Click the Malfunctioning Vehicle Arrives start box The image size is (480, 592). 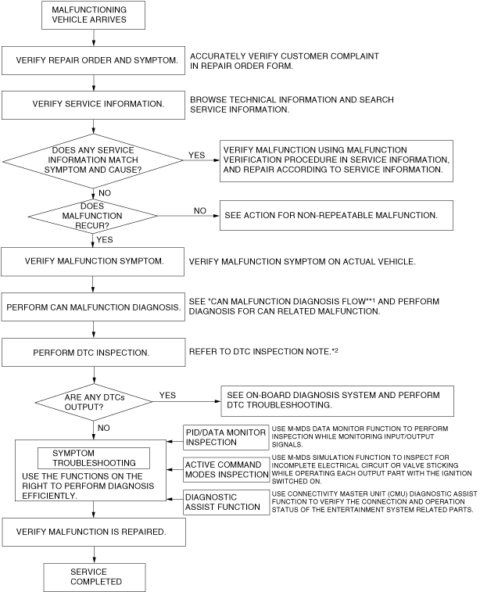93,15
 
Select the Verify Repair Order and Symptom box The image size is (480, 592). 93,59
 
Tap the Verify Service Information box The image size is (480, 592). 93,103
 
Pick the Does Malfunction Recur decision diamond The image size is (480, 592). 93,213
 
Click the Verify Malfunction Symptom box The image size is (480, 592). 93,261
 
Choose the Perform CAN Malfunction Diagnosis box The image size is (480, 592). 93,307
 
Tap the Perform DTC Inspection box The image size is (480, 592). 93,352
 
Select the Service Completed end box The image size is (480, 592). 93,577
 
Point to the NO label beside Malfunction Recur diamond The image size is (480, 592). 199,210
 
